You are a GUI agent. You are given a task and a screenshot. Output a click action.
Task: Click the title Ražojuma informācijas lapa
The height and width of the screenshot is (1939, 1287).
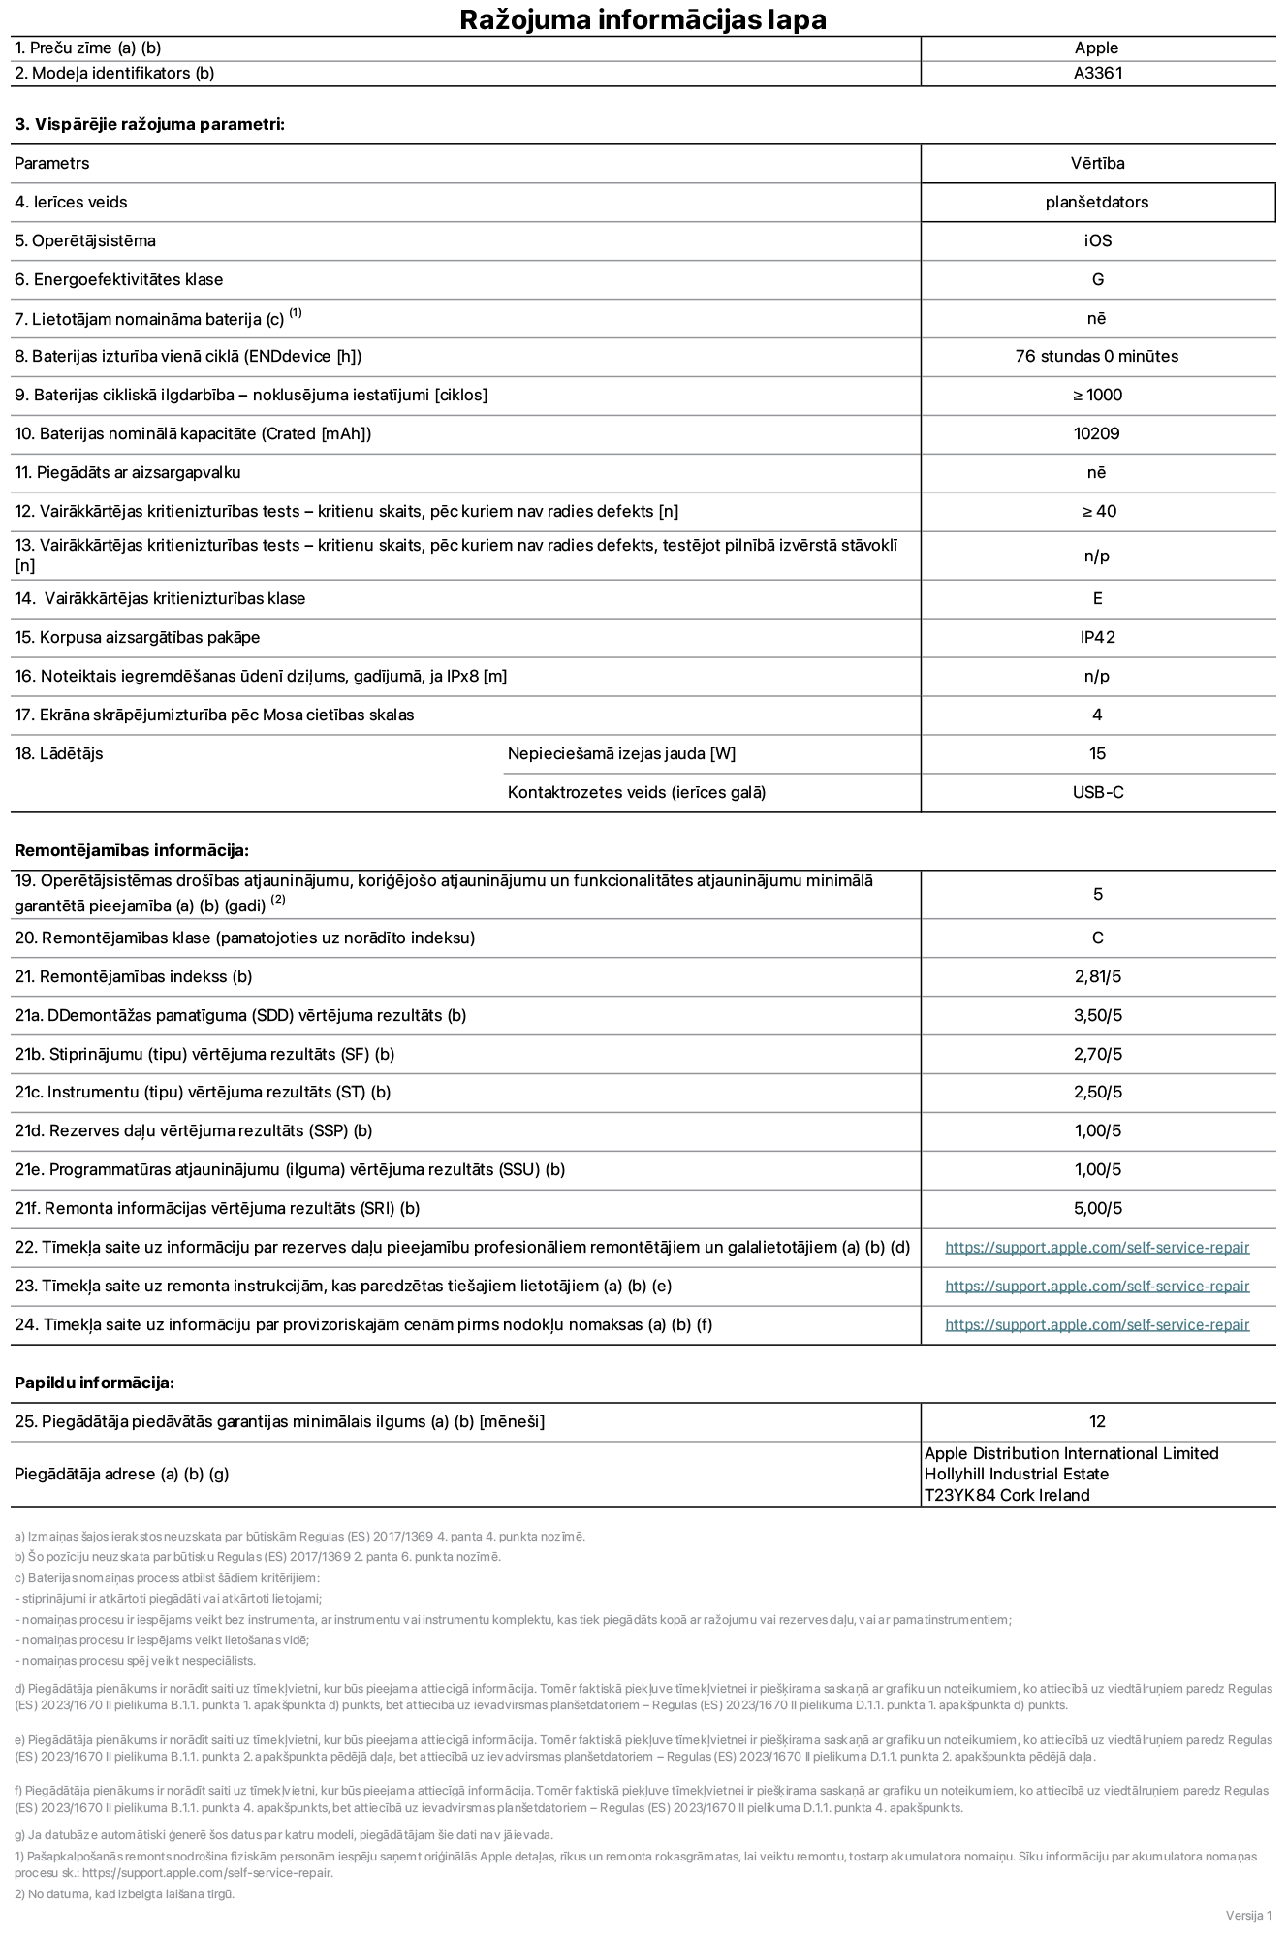643,19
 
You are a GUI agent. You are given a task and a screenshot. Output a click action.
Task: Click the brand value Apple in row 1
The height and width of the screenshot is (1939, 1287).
1096,48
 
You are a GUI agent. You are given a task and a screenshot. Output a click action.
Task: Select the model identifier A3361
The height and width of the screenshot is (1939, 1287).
1097,73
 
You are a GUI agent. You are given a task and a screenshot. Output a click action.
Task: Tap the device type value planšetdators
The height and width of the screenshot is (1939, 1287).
1097,202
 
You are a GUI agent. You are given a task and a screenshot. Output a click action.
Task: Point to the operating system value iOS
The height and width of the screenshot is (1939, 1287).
1097,240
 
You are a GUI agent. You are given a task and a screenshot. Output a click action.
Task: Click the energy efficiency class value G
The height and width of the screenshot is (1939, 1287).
1097,279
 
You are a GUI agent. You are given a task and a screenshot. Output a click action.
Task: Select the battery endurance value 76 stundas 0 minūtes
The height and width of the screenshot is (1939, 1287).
1097,356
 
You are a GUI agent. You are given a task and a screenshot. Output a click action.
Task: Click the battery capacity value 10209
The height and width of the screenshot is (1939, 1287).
1097,433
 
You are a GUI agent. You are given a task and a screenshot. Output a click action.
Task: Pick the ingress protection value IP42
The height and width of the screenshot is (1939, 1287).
1097,637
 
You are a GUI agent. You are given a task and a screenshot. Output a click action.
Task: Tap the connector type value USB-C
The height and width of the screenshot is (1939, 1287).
1097,792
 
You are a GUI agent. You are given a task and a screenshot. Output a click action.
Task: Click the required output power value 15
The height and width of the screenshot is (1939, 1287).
1097,753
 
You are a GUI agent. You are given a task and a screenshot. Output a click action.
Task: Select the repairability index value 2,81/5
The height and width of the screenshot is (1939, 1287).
1097,976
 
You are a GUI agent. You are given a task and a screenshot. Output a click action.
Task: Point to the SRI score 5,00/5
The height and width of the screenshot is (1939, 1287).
1097,1208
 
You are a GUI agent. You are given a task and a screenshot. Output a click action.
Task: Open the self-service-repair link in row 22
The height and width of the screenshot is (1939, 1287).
1097,1248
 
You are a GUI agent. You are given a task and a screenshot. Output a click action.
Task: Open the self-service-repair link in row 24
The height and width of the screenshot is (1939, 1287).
1097,1325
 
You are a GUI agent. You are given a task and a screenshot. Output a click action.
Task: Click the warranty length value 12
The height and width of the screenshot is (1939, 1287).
1097,1421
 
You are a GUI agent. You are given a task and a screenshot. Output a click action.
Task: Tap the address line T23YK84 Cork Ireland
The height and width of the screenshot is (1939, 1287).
1007,1495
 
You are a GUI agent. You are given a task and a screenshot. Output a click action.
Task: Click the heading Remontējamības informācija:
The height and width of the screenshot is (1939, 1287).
132,850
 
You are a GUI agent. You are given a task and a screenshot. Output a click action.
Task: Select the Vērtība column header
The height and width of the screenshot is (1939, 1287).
1097,163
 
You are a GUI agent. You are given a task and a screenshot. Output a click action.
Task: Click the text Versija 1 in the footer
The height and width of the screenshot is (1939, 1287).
1248,1915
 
